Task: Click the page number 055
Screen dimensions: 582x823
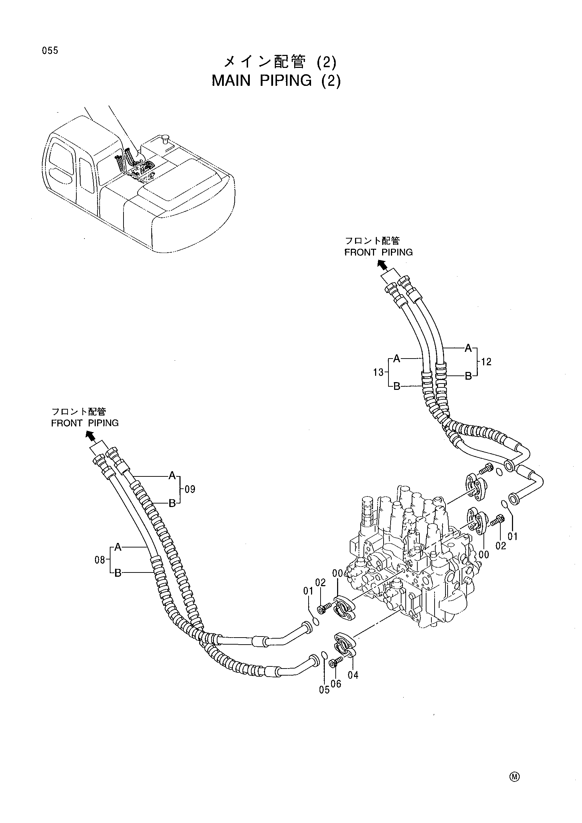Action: [50, 51]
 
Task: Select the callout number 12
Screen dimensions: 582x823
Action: [486, 362]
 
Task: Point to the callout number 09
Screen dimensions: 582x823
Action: [190, 489]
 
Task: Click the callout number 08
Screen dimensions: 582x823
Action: [100, 559]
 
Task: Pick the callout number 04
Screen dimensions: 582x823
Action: [353, 675]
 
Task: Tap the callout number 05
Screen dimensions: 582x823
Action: [324, 690]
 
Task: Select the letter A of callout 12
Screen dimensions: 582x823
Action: [468, 348]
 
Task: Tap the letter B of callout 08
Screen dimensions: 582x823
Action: [118, 573]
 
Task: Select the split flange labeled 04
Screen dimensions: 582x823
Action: [345, 646]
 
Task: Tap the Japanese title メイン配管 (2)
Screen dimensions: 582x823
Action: [279, 62]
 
